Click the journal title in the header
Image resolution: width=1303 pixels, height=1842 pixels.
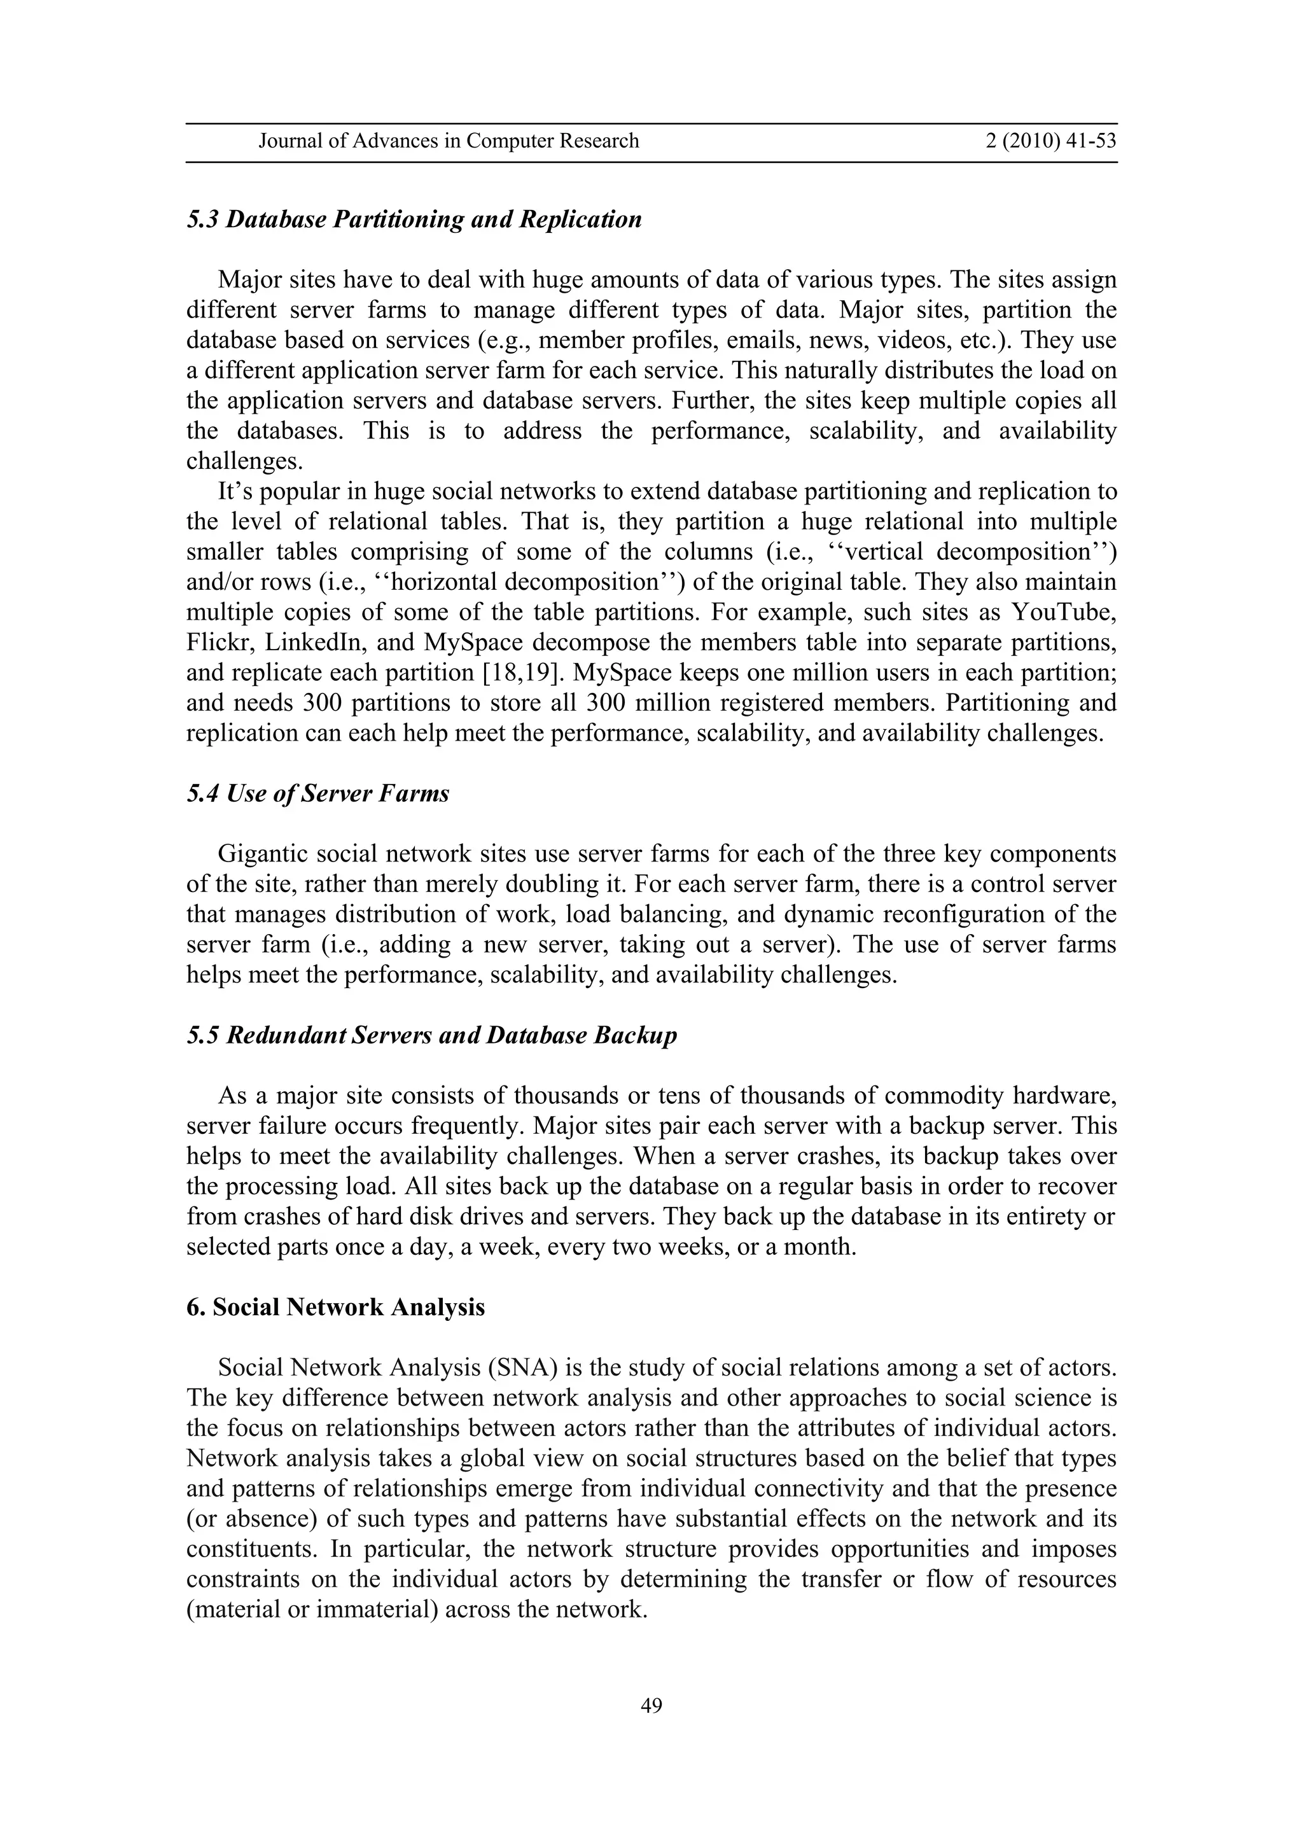(x=449, y=141)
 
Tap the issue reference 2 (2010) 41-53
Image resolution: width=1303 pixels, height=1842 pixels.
(x=1050, y=141)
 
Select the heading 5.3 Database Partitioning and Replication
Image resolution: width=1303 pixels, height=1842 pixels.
(x=414, y=220)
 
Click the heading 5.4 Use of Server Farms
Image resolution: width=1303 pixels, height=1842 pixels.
(x=317, y=794)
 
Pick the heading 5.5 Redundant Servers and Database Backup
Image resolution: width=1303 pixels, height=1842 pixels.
(x=431, y=1036)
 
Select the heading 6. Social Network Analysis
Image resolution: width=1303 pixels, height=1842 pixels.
(x=335, y=1308)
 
